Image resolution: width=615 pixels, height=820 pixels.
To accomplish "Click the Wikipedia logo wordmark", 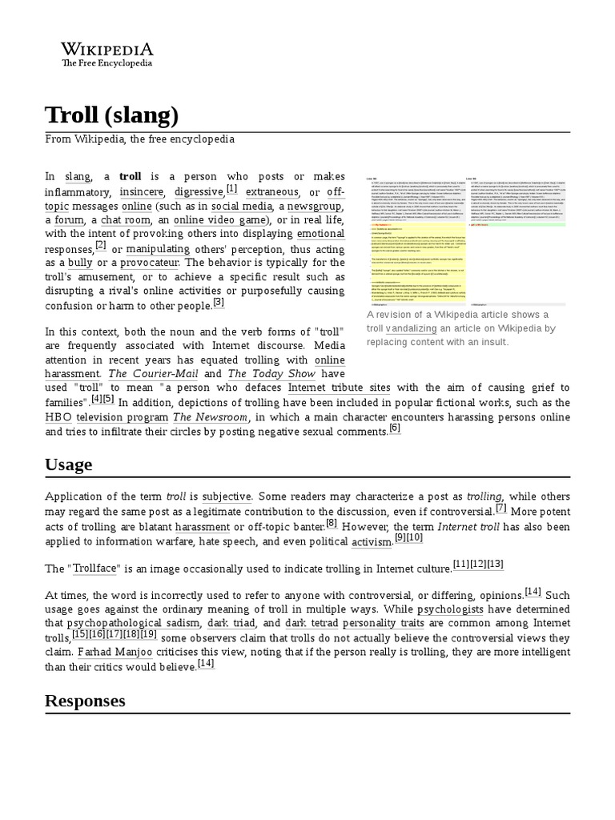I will click(x=107, y=48).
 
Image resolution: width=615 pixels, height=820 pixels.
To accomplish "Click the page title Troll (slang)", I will click(x=111, y=115).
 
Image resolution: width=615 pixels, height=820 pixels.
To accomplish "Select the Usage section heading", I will click(x=68, y=464).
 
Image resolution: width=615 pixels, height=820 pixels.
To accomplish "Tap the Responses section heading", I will click(x=85, y=701).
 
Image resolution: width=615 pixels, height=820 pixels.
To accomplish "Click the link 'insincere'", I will click(x=142, y=192).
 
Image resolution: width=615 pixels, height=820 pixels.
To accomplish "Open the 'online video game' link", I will click(x=219, y=220).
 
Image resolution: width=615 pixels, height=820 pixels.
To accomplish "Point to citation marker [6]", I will click(x=394, y=428).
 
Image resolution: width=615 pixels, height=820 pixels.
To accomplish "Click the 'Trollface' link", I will click(x=94, y=569).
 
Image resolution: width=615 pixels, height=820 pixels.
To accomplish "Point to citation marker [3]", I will click(x=219, y=303).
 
